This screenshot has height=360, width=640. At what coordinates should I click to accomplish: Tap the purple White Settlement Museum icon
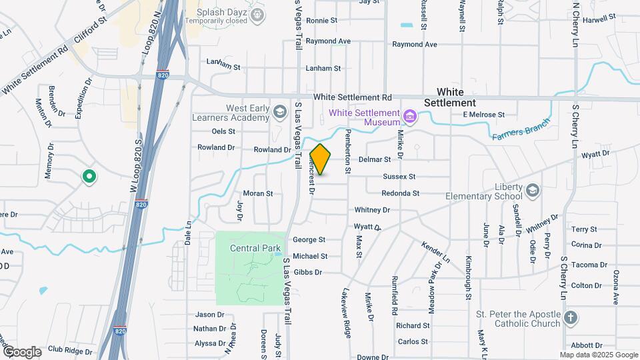[410, 118]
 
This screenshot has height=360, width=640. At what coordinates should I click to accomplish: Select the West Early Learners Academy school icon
[279, 113]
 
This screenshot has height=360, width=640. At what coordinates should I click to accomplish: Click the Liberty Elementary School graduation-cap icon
[533, 191]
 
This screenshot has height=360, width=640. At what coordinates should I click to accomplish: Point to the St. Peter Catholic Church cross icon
[570, 318]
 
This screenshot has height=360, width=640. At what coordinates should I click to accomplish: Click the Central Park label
[255, 249]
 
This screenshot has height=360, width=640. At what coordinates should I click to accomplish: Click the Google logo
[21, 351]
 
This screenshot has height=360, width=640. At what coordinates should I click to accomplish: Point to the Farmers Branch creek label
[521, 130]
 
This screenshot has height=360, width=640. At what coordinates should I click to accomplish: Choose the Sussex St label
[399, 177]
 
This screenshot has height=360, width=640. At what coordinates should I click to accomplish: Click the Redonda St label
[400, 193]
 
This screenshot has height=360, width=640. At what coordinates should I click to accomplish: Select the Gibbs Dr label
[307, 272]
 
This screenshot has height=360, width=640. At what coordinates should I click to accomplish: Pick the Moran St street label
[258, 193]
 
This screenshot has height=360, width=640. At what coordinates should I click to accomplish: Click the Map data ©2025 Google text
[599, 355]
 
